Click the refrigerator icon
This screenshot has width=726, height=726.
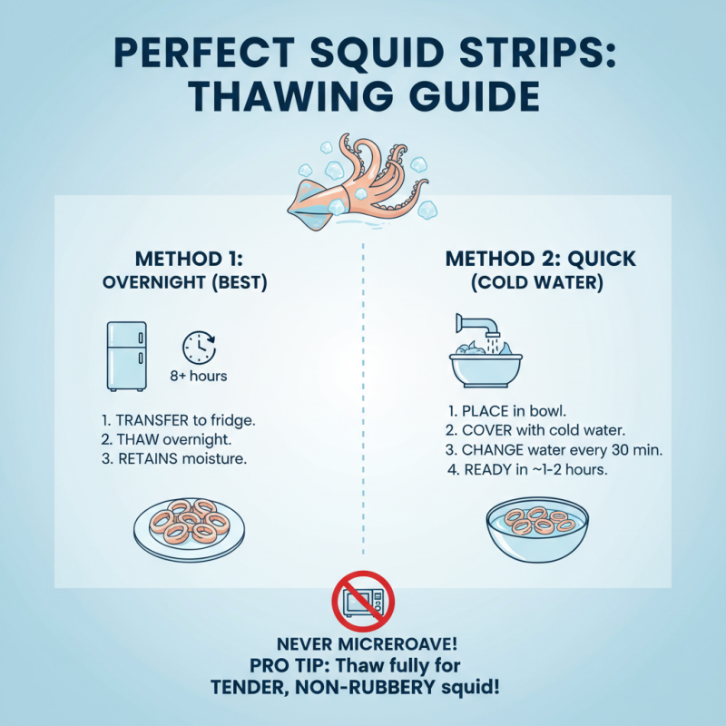coord(126,356)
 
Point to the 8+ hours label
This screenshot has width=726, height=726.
coord(199,376)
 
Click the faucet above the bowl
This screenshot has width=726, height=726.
coord(476,326)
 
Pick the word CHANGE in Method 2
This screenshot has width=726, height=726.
coord(499,450)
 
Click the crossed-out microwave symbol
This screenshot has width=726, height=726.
coord(362,601)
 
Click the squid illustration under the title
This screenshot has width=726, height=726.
coord(363,181)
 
